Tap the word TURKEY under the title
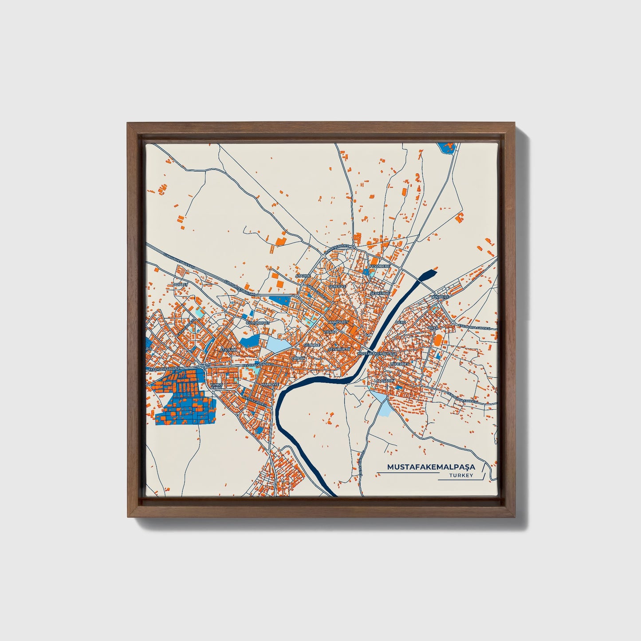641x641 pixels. click(461, 476)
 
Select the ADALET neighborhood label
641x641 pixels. click(181, 284)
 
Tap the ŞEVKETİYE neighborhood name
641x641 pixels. click(380, 293)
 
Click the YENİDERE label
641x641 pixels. click(440, 296)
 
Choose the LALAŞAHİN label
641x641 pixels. click(384, 381)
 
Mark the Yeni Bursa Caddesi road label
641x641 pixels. click(461, 397)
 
